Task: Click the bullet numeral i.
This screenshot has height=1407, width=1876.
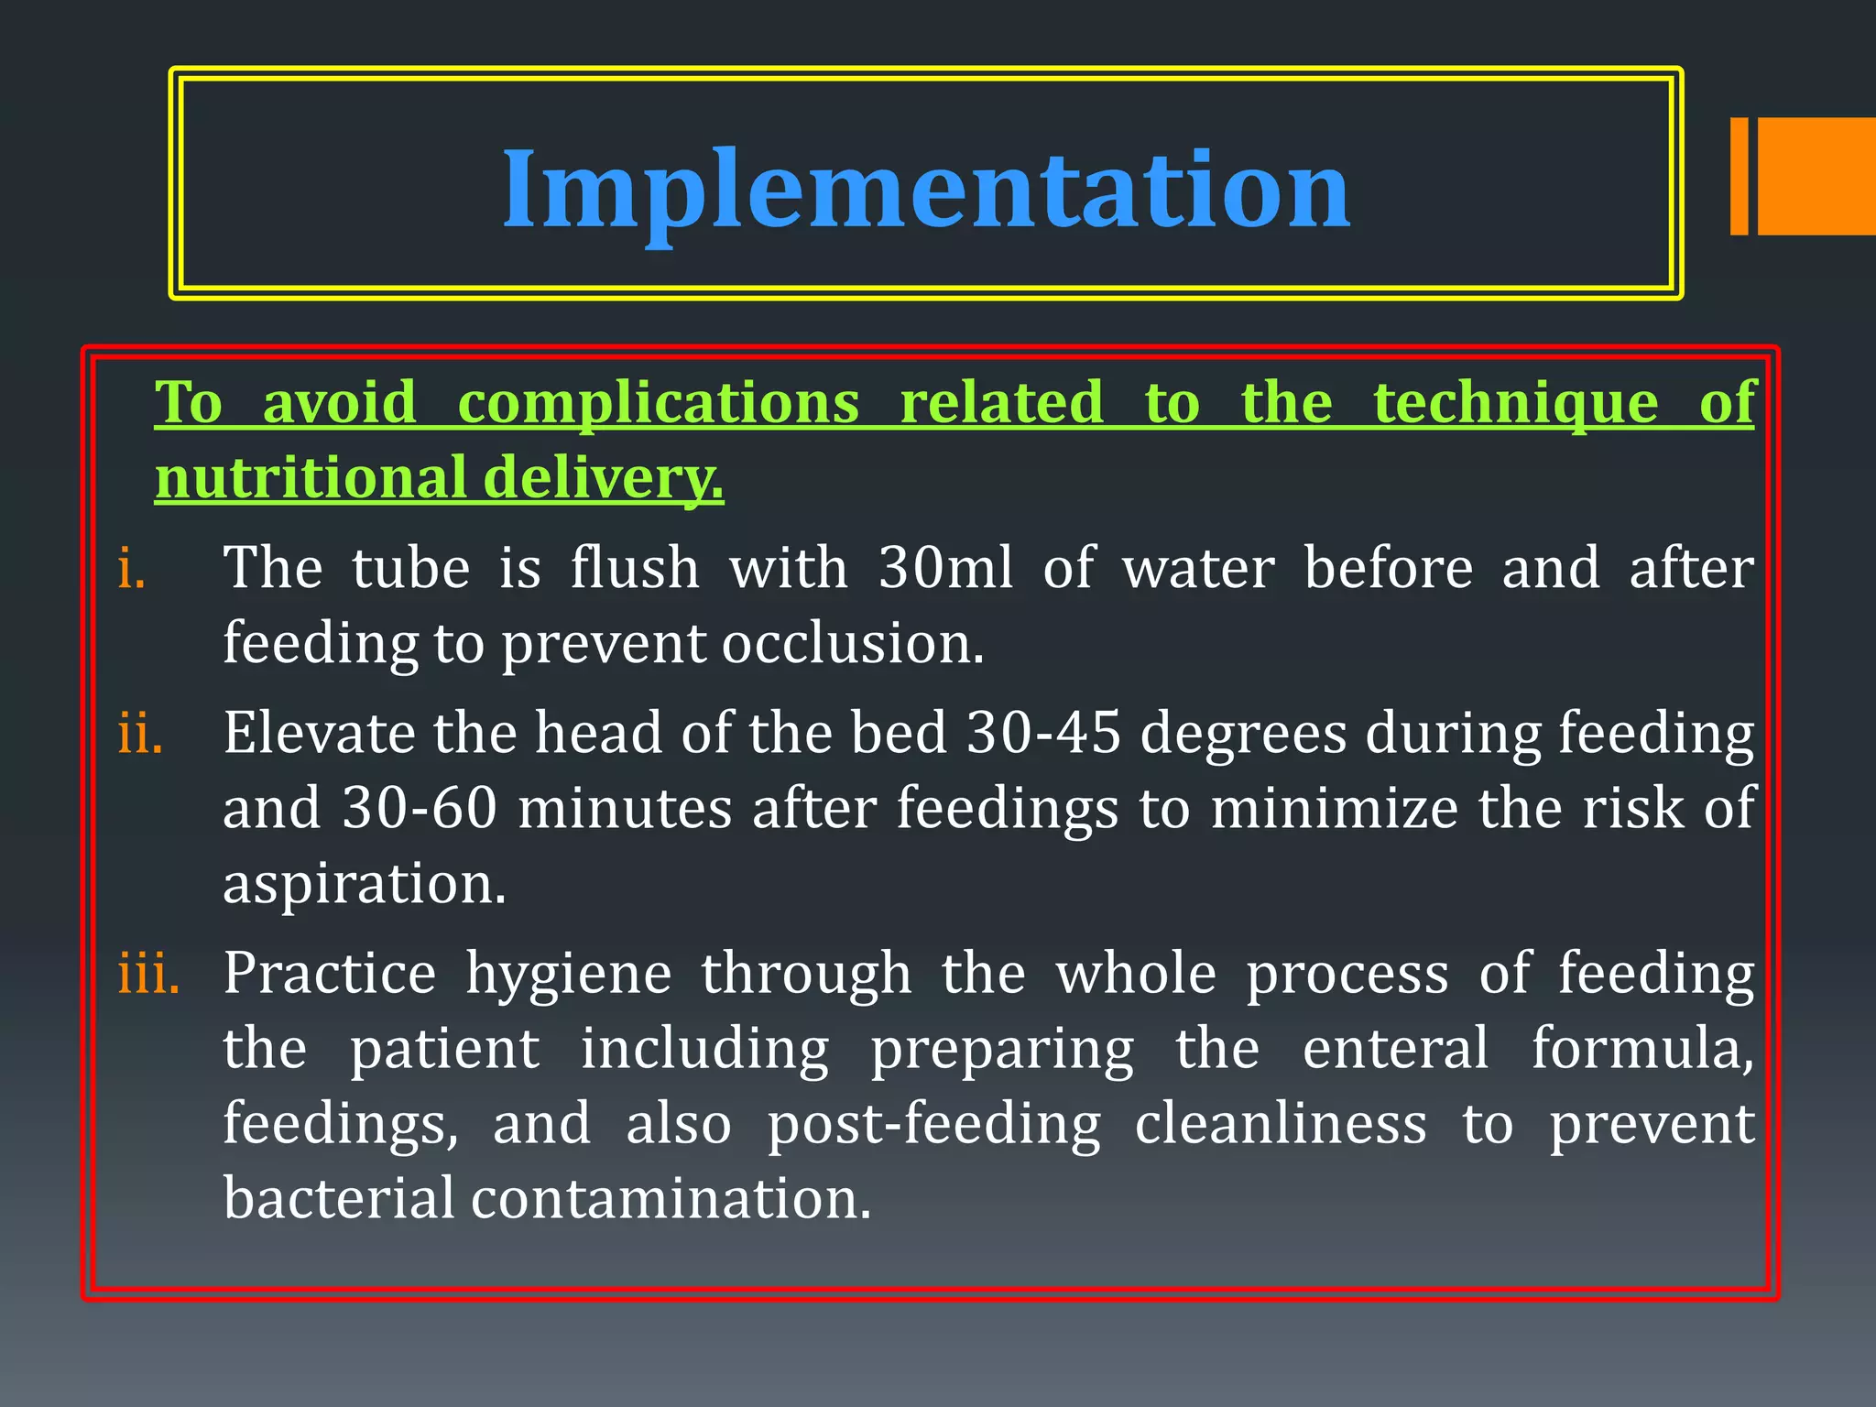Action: click(132, 569)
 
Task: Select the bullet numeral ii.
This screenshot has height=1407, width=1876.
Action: click(140, 734)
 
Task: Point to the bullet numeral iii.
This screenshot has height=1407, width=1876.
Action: click(148, 973)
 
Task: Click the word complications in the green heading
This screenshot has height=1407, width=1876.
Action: click(658, 403)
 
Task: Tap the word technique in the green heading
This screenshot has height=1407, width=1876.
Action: click(1516, 403)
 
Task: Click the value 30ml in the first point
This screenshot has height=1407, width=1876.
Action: click(945, 568)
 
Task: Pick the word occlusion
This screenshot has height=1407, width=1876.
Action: click(852, 643)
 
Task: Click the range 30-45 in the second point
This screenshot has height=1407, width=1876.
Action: click(1044, 734)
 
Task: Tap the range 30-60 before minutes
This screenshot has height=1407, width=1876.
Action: click(420, 809)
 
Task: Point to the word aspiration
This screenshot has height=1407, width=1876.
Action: click(364, 884)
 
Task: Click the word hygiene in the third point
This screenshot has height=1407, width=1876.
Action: click(569, 975)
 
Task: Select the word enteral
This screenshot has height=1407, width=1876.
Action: click(1395, 1049)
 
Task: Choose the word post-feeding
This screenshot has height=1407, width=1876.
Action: click(933, 1125)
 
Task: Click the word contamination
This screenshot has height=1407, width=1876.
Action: click(671, 1199)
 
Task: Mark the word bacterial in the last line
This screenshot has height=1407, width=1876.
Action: click(339, 1199)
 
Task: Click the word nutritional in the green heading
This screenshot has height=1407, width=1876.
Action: click(311, 478)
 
